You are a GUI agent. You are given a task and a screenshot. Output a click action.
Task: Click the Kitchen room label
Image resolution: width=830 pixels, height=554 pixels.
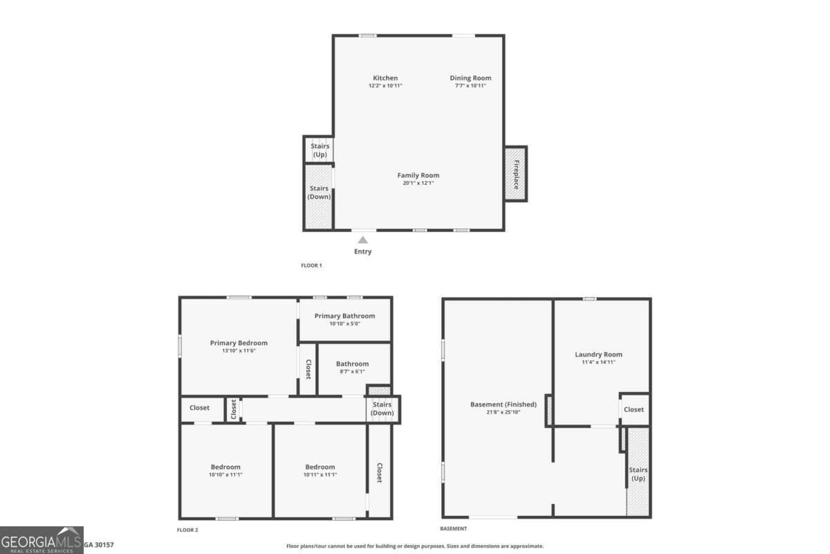(385, 78)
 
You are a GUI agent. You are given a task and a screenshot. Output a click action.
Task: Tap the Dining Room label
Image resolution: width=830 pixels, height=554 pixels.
(470, 78)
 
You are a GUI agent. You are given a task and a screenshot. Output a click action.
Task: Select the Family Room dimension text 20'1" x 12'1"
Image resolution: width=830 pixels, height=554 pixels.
(418, 184)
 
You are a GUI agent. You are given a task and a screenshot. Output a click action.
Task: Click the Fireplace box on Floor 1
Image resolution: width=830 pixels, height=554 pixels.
(516, 174)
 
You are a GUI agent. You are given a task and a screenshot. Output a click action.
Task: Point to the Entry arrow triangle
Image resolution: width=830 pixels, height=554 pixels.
(362, 240)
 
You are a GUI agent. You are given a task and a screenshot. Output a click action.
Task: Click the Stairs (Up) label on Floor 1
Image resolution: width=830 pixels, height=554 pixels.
(320, 150)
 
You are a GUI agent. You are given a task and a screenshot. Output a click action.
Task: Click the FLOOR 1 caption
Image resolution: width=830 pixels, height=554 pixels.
(311, 265)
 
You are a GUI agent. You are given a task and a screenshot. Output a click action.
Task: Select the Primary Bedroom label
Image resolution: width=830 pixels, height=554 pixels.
(239, 343)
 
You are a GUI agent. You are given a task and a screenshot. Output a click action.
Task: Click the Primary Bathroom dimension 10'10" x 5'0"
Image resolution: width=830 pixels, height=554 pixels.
(344, 323)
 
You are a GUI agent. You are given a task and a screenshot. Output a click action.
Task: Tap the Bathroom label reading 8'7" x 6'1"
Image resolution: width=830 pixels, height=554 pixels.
(352, 372)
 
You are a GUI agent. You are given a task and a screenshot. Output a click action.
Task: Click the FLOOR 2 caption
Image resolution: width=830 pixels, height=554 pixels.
(187, 530)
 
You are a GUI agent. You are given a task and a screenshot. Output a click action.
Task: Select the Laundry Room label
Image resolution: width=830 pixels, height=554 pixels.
(598, 355)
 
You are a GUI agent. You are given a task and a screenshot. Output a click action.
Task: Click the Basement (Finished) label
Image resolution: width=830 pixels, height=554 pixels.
(503, 404)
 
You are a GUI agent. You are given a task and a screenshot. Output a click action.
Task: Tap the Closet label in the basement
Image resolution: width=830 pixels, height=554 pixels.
(634, 409)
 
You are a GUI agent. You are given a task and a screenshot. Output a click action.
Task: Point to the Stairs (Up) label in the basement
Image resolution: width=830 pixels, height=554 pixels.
(638, 474)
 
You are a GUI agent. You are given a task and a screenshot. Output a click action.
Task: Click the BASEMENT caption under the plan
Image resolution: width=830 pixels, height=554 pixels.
(454, 528)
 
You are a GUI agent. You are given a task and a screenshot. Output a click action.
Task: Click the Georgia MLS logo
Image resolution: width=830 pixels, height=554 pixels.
(41, 540)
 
